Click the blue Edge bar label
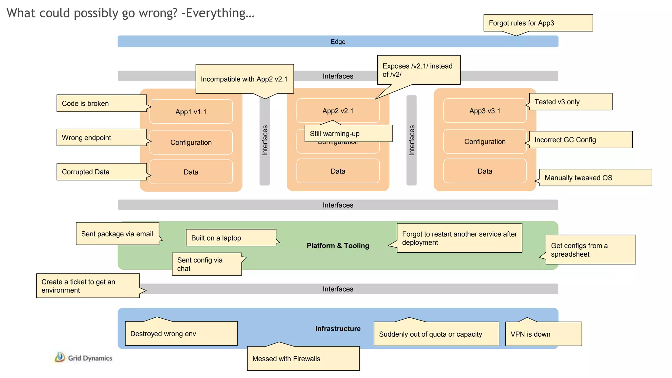(x=338, y=42)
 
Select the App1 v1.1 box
(x=191, y=112)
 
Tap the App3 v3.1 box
(x=485, y=111)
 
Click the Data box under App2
(x=338, y=171)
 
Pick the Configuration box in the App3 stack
(x=485, y=142)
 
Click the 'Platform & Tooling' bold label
(x=338, y=246)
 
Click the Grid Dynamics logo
(x=84, y=358)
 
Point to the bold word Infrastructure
(x=338, y=329)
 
